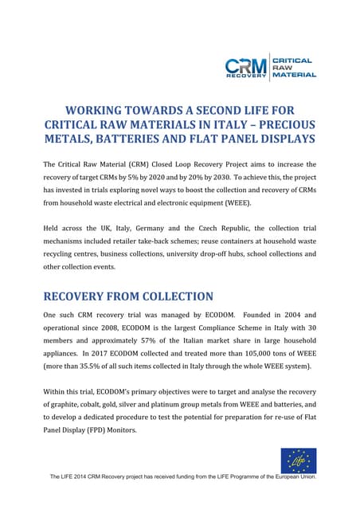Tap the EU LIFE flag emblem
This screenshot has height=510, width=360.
tap(298, 461)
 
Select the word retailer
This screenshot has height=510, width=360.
tap(139, 241)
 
